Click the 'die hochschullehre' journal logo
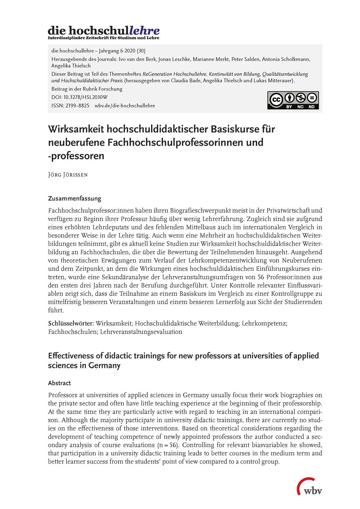pos(104,32)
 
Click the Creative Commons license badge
pos(293,100)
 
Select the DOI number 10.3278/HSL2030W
pos(85,97)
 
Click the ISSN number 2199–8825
pos(77,105)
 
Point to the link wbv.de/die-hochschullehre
pos(125,105)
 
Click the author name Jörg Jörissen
pos(68,175)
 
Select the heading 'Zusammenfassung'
pos(75,198)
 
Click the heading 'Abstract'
pos(59,383)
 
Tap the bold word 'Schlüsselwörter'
pos(71,323)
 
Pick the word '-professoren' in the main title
pos(76,156)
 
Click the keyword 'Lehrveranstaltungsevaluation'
pos(141,332)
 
